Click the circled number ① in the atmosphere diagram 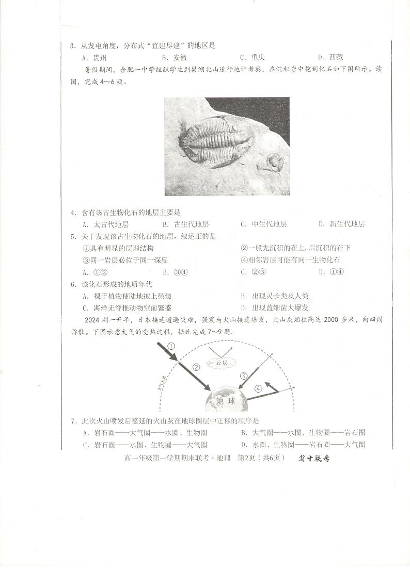click(171, 346)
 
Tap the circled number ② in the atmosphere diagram click(196, 367)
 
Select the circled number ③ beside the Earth click(243, 376)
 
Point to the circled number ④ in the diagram click(258, 388)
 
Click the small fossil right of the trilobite click(275, 164)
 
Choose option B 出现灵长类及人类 click(279, 296)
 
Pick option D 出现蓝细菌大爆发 click(279, 307)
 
